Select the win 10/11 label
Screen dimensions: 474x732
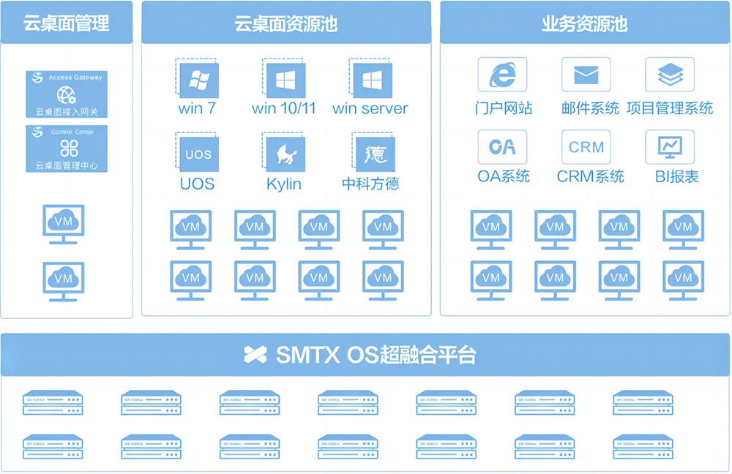click(x=283, y=108)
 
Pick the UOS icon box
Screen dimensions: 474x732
click(x=198, y=154)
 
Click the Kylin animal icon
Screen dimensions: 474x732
click(x=283, y=154)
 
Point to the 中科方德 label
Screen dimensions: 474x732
click(x=370, y=183)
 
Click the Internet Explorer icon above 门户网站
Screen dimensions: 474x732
click(x=502, y=75)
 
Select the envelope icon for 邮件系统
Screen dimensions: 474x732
click(x=586, y=75)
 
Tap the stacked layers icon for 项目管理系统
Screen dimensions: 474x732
click(x=670, y=75)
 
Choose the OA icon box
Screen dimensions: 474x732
click(x=502, y=147)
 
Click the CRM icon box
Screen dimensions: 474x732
click(x=586, y=147)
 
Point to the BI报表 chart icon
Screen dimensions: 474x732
click(x=670, y=147)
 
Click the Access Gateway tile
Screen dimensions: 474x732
click(x=67, y=94)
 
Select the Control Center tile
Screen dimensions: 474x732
click(x=67, y=148)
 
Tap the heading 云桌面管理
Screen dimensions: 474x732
click(x=67, y=23)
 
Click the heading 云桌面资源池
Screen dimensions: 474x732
click(x=285, y=23)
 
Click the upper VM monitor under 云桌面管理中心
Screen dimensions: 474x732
click(x=64, y=223)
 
